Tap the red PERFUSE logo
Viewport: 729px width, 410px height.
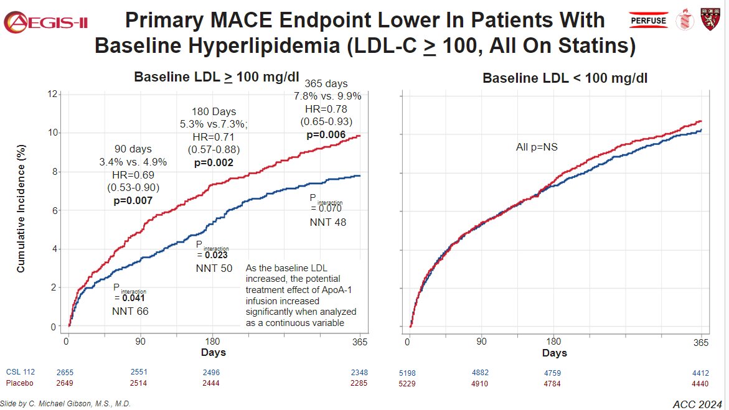[x=649, y=21]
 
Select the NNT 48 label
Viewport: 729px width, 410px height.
[x=327, y=222]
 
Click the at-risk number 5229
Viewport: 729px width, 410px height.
[x=408, y=383]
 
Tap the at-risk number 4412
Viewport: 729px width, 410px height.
[x=700, y=373]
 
